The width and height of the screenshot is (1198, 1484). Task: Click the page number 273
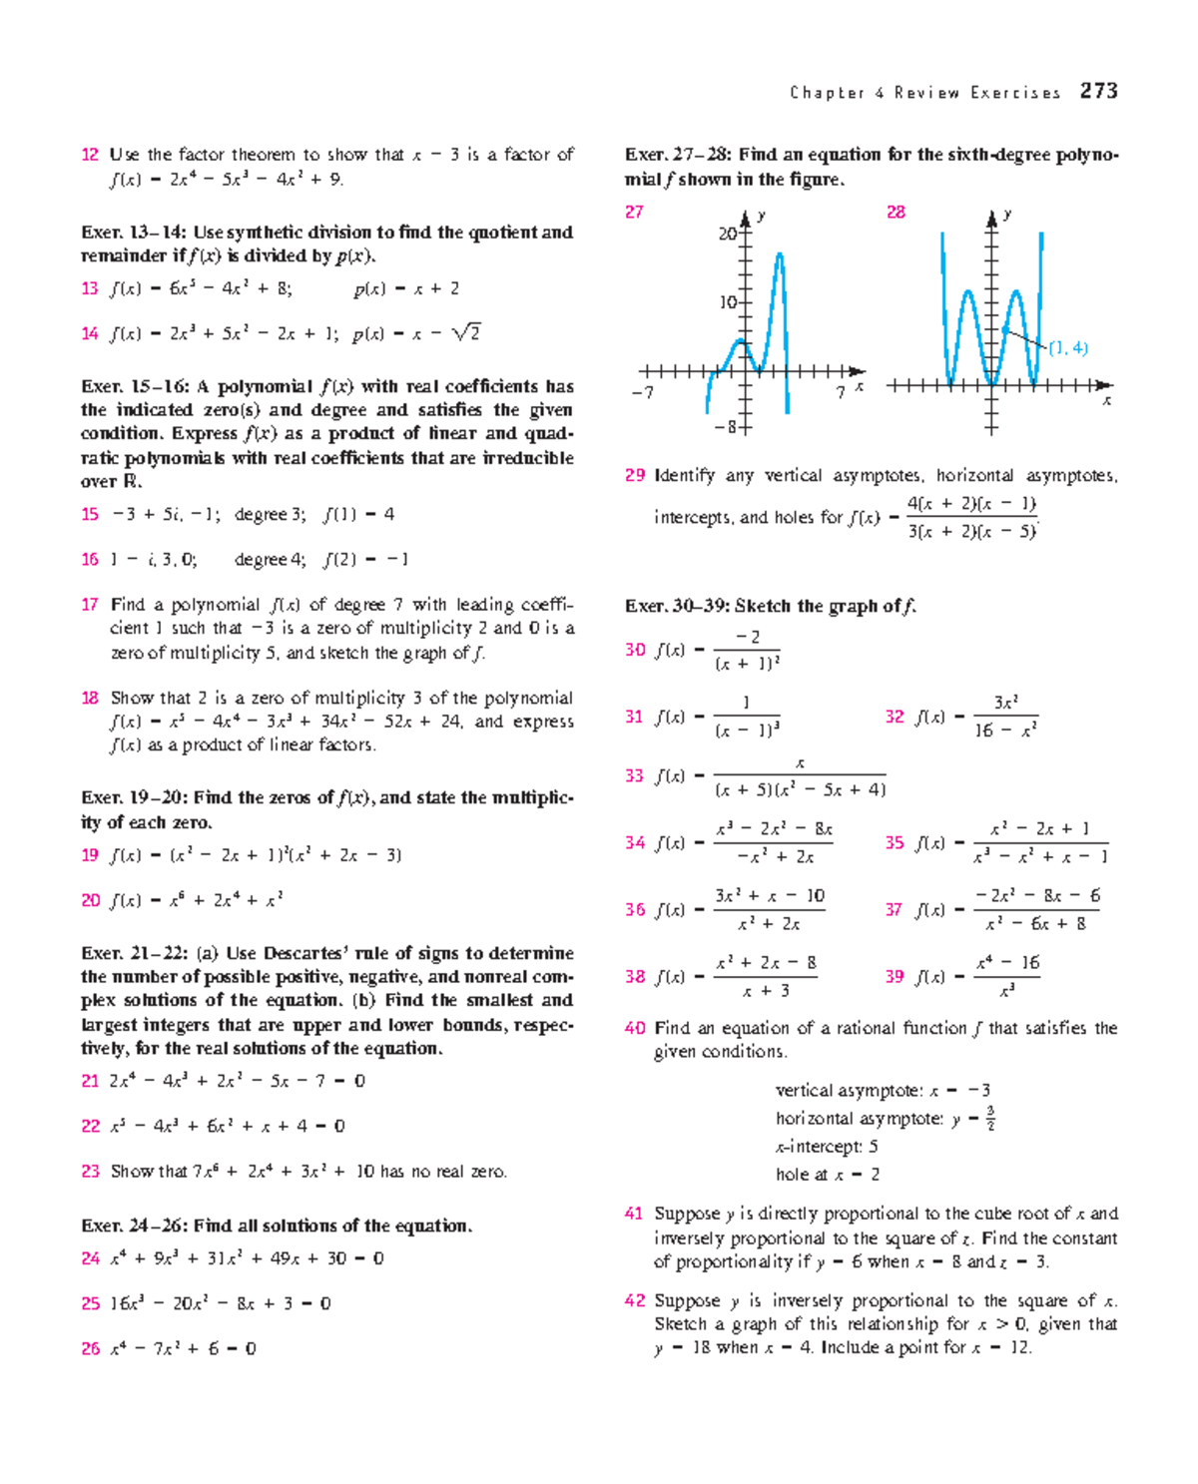click(1098, 91)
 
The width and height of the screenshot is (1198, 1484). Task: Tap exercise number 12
click(90, 155)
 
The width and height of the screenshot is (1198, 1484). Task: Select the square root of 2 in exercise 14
click(466, 332)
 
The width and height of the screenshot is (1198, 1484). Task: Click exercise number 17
click(90, 605)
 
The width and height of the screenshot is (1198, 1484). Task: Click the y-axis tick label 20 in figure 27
click(727, 234)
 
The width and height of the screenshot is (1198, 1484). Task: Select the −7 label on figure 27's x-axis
click(643, 393)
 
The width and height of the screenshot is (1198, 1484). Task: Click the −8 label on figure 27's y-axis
click(725, 427)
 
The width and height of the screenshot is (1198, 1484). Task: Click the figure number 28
click(896, 213)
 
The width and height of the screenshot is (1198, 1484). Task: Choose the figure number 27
click(634, 213)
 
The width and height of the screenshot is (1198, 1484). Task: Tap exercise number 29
click(635, 476)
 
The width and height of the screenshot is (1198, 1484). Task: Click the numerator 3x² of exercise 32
click(1005, 703)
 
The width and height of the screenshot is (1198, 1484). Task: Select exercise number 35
click(895, 843)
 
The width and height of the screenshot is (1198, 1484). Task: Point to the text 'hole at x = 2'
click(828, 1175)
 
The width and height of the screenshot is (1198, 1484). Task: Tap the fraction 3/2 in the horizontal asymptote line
click(989, 1119)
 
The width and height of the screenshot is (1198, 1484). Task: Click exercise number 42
click(635, 1301)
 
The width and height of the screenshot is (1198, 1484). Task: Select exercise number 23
click(90, 1172)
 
